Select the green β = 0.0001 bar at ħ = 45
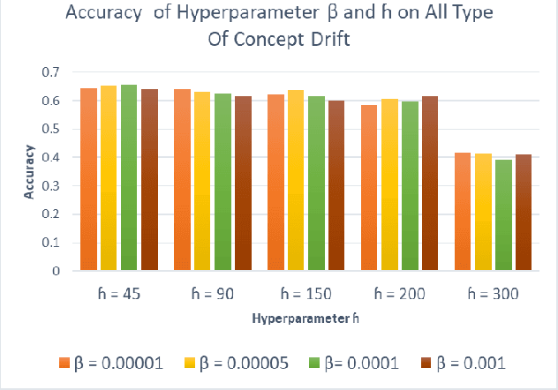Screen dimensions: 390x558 (x=129, y=177)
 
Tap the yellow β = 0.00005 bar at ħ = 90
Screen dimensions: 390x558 (x=202, y=181)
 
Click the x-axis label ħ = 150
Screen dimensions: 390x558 (x=305, y=292)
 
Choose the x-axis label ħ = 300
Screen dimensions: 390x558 (x=491, y=292)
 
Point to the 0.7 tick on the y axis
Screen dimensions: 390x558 (x=56, y=72)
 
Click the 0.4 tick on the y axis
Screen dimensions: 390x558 (x=56, y=158)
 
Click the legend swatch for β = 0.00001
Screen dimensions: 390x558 (x=64, y=364)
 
